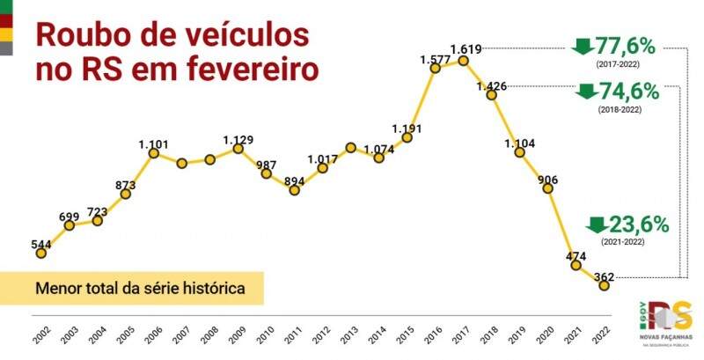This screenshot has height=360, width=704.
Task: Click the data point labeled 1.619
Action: tap(464, 61)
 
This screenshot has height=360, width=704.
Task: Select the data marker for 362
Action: tap(604, 285)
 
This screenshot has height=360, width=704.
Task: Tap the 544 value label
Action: tap(40, 244)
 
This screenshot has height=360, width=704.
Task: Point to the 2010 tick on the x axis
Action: tap(266, 331)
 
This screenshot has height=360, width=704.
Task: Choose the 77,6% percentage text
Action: tap(631, 47)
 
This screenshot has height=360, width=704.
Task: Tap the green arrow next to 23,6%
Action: tap(597, 224)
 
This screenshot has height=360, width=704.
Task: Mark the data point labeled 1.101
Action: tap(153, 154)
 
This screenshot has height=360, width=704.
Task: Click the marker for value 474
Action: tap(576, 264)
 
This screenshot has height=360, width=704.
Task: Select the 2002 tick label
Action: tap(40, 331)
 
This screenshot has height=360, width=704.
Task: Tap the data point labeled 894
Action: tap(294, 189)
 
